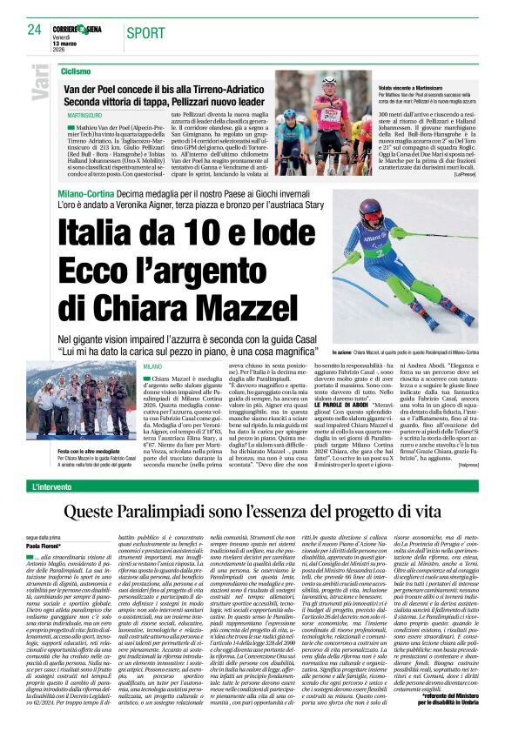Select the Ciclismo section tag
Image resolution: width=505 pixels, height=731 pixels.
[x=77, y=70]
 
